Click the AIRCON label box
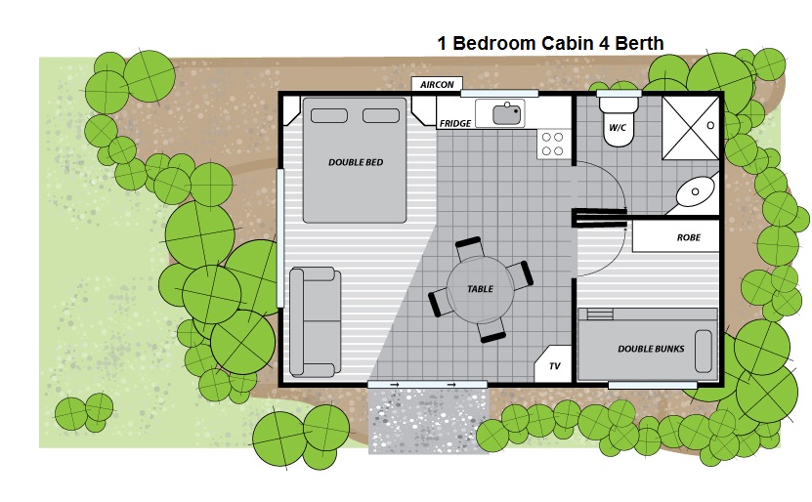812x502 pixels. tap(437, 84)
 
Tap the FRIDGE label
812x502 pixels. tap(455, 123)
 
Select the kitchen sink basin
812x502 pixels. tap(506, 114)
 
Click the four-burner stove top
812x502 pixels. tap(553, 144)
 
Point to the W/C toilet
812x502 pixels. tap(618, 120)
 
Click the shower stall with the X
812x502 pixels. tap(691, 128)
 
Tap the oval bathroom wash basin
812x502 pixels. tap(695, 191)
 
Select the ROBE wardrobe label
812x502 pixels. tap(688, 237)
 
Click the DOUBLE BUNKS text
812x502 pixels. tap(651, 349)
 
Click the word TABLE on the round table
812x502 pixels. tap(480, 289)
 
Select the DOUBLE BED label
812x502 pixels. tap(356, 162)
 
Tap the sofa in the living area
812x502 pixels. tap(315, 322)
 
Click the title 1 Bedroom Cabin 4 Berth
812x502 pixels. tap(550, 43)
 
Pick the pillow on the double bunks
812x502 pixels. tap(703, 352)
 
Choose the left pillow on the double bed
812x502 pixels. tap(329, 115)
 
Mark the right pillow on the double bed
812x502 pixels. tap(381, 115)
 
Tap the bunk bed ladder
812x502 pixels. tap(600, 314)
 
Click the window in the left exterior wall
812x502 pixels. tap(280, 238)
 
